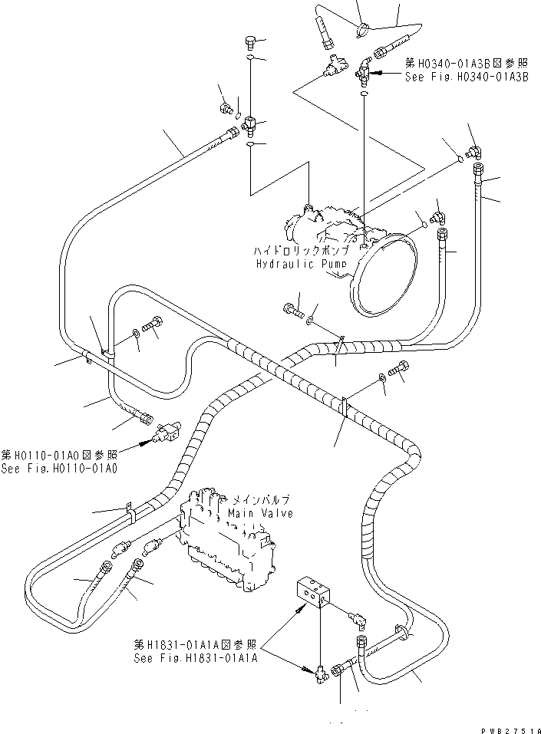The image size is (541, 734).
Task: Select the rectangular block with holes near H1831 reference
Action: tap(315, 592)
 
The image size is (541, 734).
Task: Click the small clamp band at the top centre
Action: tap(363, 29)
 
